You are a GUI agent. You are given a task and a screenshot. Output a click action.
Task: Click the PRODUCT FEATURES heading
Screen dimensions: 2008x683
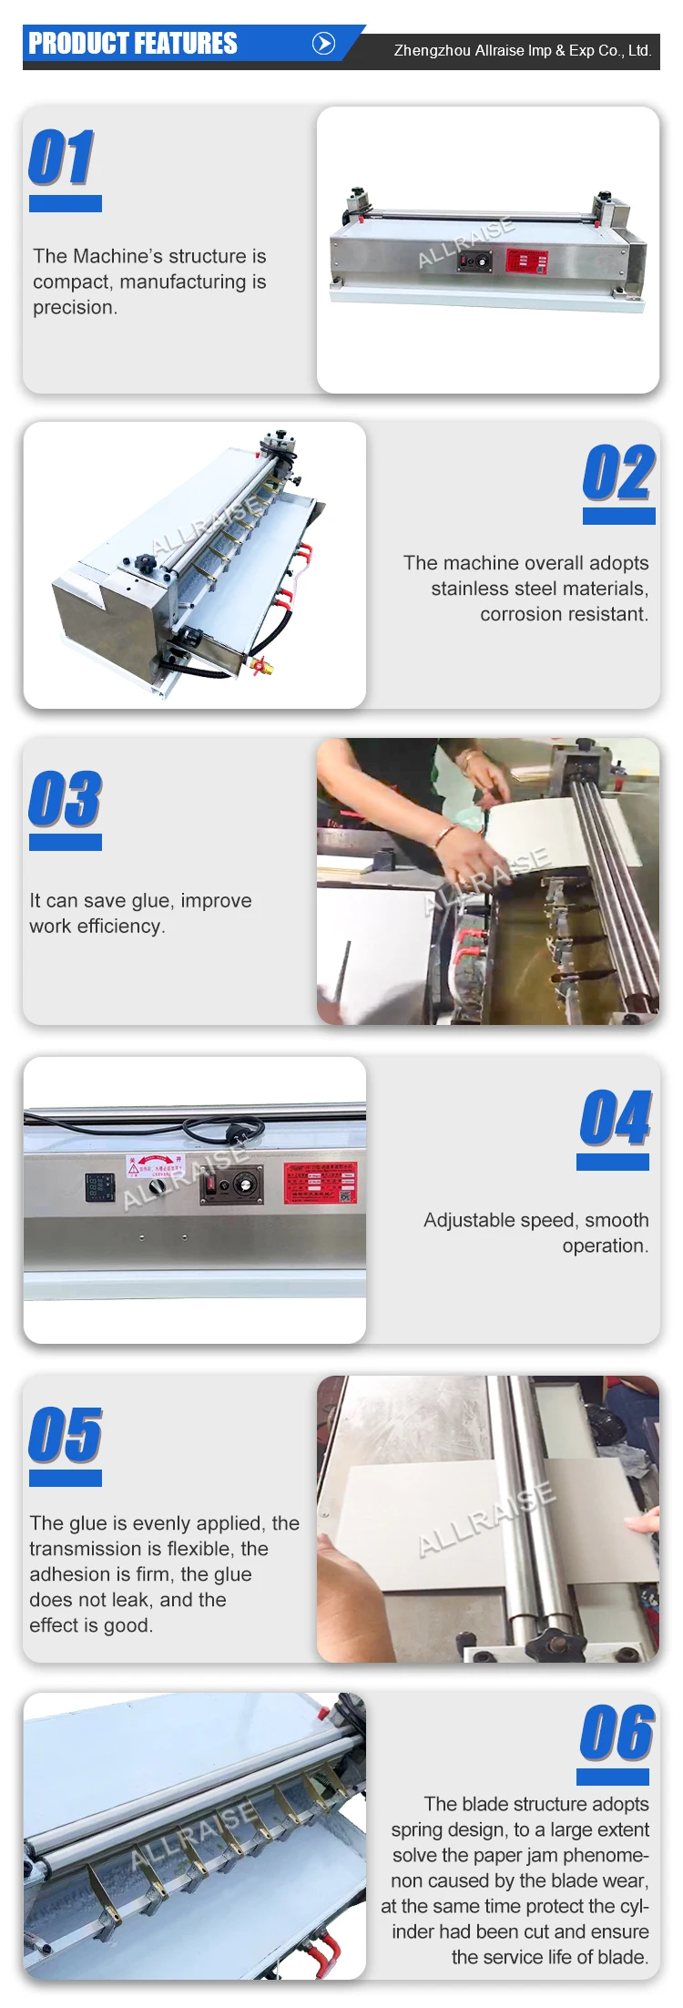133,44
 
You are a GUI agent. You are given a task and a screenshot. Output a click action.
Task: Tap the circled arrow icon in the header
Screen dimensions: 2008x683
323,44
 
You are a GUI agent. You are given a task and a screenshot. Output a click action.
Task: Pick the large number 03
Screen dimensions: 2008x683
65,799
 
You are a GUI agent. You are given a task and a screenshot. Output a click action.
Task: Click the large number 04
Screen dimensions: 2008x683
615,1118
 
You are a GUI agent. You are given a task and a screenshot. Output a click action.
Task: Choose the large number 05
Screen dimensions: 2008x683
65,1435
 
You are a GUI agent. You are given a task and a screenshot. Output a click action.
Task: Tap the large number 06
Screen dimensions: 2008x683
616,1733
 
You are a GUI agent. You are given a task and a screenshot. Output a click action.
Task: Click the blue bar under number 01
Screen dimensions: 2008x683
66,204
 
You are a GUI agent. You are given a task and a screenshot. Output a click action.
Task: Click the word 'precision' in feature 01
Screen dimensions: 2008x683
74,308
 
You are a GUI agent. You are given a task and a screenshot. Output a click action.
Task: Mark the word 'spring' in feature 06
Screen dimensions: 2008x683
421,1829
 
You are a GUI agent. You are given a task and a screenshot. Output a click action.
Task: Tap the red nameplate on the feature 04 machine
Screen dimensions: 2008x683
320,1183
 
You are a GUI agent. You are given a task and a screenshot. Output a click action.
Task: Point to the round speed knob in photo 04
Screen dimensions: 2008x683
243,1184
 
